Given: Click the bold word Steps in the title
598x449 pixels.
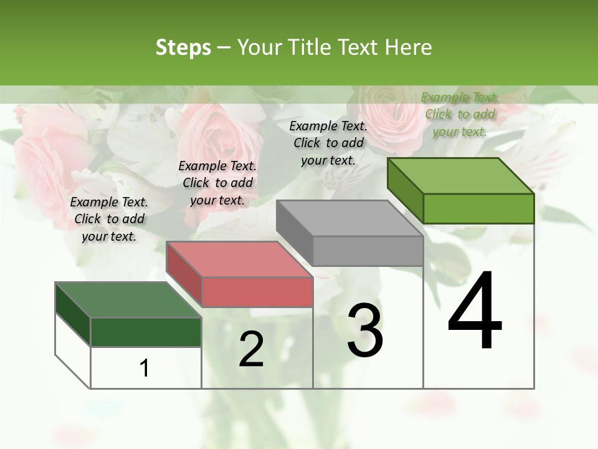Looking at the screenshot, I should [x=183, y=47].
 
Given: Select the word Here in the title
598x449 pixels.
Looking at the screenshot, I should [x=409, y=47].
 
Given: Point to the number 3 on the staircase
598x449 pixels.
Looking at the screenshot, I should [x=365, y=331].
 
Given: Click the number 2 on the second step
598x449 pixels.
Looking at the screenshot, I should [x=251, y=349].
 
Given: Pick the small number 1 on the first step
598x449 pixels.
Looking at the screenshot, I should [x=145, y=368].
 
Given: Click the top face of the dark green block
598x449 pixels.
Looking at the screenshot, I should [x=128, y=300].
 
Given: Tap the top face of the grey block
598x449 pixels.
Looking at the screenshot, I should [x=349, y=218].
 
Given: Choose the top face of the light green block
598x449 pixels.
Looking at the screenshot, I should [x=461, y=176].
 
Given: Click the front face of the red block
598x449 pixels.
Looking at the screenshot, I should [x=257, y=292].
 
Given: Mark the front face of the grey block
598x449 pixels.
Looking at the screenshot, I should [x=368, y=251].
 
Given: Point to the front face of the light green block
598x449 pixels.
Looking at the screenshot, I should [x=478, y=208].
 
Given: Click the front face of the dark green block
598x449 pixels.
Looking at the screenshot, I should [x=146, y=332].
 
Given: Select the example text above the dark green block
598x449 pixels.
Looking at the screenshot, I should [x=109, y=219].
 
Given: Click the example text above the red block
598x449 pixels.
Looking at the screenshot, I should [x=217, y=183].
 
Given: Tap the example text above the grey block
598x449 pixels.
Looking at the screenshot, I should [x=328, y=143].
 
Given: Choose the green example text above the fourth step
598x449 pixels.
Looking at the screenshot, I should [x=460, y=114].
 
